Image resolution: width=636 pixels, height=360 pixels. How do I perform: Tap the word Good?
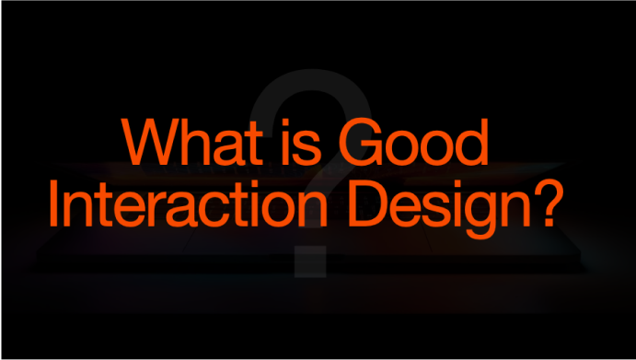click(413, 142)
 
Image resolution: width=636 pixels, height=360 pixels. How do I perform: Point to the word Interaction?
click(189, 203)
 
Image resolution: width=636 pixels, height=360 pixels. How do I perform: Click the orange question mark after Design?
click(549, 203)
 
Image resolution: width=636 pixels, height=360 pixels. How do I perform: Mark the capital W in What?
click(152, 142)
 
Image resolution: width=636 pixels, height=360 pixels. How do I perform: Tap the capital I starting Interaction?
click(53, 203)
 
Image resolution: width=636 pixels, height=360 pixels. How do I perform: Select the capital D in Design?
click(367, 203)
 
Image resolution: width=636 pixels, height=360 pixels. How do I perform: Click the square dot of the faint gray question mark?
click(310, 261)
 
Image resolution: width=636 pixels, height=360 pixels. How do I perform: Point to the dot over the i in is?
click(285, 122)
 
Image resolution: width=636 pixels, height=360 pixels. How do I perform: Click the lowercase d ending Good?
click(472, 142)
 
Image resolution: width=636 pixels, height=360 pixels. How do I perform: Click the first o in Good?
click(400, 148)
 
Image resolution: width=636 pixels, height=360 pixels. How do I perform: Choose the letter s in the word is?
click(306, 148)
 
